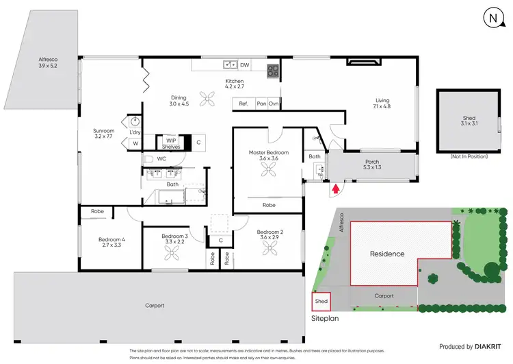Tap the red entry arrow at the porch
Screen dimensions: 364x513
tap(336, 186)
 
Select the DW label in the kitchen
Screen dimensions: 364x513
tap(244, 64)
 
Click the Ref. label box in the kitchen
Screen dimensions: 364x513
tap(242, 104)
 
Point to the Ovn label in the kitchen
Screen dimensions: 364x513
tap(273, 104)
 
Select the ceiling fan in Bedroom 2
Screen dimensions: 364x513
tap(267, 248)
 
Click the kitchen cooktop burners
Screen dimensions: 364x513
tap(272, 69)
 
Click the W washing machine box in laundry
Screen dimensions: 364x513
tap(134, 143)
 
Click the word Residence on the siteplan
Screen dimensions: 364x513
tap(387, 254)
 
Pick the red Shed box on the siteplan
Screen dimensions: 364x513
tap(321, 302)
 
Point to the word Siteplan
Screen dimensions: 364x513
tap(326, 318)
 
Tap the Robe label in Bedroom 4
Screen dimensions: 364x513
tap(98, 211)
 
